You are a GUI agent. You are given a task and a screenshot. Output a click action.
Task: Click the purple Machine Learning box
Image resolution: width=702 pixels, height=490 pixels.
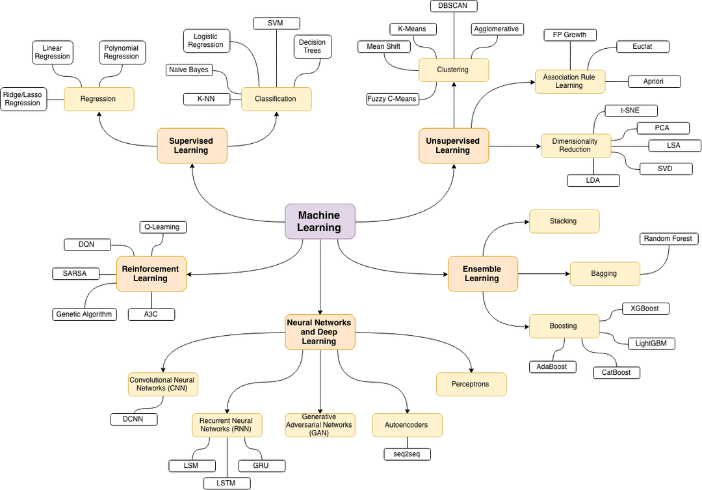(320, 221)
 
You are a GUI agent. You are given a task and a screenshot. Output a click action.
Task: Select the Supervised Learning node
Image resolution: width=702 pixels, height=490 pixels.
(192, 145)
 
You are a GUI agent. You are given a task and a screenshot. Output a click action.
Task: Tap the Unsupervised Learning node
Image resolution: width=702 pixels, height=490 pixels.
(452, 145)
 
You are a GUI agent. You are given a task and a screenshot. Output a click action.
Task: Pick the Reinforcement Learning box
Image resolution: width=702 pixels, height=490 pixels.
(151, 273)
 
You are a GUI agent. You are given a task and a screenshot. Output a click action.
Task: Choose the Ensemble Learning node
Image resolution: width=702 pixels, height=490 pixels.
(482, 273)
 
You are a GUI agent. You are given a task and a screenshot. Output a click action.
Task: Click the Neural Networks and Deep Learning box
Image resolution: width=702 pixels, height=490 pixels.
(320, 332)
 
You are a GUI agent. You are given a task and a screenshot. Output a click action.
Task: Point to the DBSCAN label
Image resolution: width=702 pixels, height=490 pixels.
(454, 6)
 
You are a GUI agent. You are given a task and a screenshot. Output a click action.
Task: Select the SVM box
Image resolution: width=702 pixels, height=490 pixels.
(276, 23)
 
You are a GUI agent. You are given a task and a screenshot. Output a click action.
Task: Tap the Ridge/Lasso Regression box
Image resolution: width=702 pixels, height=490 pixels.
(23, 99)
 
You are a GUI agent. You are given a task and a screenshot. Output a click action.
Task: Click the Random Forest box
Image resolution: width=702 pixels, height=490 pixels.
(669, 239)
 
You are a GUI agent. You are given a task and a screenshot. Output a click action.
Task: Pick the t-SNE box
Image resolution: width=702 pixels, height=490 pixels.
(630, 111)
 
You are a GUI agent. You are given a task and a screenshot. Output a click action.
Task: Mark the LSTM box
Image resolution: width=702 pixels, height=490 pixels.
(227, 483)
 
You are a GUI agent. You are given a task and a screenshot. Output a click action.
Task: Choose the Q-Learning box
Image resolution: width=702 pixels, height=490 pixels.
(163, 227)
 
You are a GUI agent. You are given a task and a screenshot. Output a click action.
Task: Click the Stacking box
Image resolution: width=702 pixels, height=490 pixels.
(564, 221)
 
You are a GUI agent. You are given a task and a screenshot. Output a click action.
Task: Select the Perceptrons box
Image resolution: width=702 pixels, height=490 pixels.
(471, 384)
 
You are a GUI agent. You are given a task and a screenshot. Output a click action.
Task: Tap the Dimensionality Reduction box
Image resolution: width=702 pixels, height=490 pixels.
(575, 146)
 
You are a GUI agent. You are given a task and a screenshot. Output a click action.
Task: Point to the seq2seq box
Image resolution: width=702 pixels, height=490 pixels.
(408, 454)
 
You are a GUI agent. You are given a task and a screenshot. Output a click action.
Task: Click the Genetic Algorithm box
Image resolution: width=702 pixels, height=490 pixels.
(84, 314)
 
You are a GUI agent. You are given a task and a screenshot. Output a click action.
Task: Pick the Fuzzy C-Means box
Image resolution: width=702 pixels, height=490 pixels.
(392, 99)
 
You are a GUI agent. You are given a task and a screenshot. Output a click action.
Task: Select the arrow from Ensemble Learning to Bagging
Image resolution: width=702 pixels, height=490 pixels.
(543, 273)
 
